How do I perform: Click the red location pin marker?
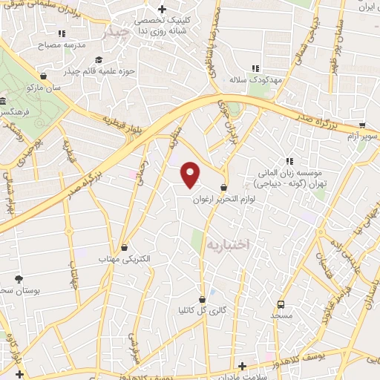pos(191,174)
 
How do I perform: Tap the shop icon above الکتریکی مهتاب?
pos(124,247)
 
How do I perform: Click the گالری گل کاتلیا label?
pos(201,309)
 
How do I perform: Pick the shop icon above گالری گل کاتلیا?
pos(202,298)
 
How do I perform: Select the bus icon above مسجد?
pos(281,304)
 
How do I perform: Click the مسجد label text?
pos(281,316)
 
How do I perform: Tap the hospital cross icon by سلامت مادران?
pos(242,366)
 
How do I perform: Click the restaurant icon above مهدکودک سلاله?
pos(257,68)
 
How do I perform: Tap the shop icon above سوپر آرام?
pos(361,125)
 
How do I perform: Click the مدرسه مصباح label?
pos(64,45)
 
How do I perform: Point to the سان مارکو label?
pos(44,87)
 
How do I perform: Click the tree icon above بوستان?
pos(18,279)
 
